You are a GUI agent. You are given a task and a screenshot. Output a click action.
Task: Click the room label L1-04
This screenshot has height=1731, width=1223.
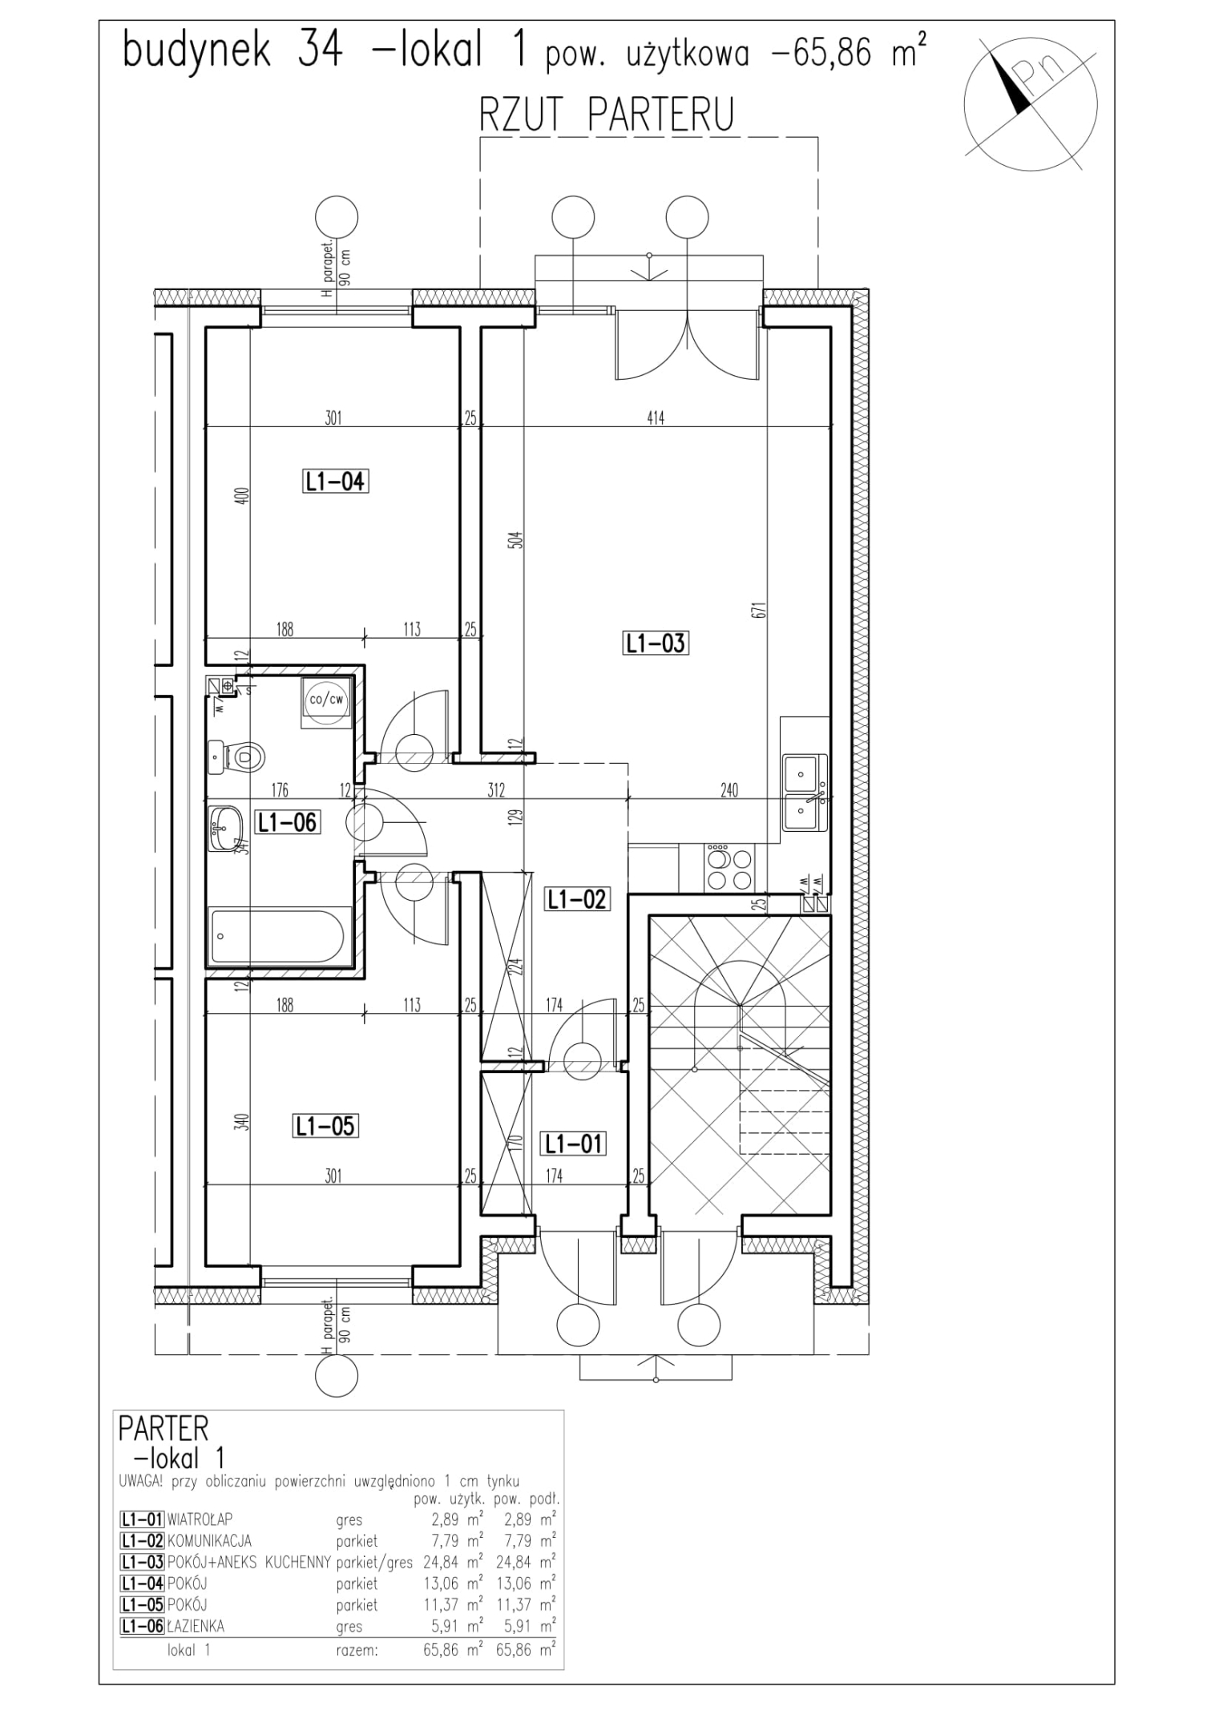[335, 482]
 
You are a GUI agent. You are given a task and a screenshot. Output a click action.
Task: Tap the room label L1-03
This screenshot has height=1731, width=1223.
[656, 644]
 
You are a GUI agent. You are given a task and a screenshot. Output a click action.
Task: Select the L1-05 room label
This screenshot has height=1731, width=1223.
[325, 1126]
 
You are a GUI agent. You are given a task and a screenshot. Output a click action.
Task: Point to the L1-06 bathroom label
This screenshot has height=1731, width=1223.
[287, 822]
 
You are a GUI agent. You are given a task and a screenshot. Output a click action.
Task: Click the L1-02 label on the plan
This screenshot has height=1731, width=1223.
[576, 899]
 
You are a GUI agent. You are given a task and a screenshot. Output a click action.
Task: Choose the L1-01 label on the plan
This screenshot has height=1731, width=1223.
[572, 1144]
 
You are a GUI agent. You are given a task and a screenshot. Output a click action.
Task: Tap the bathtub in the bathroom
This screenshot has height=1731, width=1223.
[276, 935]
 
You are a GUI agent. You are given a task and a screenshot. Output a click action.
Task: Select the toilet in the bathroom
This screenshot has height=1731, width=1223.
[244, 756]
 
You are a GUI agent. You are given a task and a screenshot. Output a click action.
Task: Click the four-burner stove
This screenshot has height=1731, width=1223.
[729, 868]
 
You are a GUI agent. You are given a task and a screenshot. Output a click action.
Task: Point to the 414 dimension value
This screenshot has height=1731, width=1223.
[656, 418]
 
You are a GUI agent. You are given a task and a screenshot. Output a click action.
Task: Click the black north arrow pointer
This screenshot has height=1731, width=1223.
[1012, 83]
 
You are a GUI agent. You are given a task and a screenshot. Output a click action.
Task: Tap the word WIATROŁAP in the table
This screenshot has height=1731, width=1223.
[200, 1519]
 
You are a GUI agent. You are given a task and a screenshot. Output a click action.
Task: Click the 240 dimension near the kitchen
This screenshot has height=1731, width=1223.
[729, 790]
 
